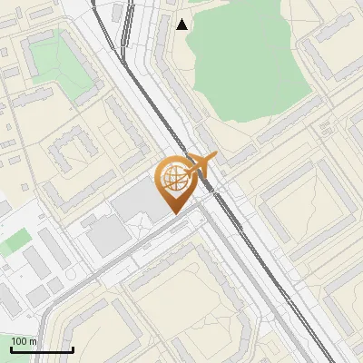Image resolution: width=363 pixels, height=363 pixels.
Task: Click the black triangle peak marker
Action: point(182,25)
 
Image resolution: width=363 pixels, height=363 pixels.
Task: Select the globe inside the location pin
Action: point(172,179)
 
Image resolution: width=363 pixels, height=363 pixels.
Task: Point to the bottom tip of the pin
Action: point(172,212)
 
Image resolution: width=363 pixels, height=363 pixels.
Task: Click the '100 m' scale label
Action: point(24,341)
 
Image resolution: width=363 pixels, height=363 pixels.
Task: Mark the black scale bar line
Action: point(41,349)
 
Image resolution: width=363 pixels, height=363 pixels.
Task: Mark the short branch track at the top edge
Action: point(123,23)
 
